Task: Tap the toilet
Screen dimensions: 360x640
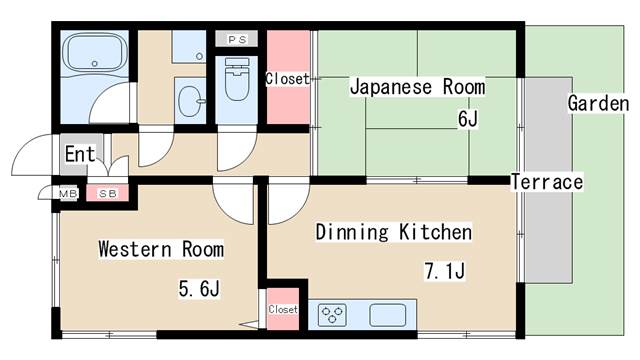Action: pyautogui.click(x=237, y=84)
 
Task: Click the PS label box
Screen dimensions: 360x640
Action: pyautogui.click(x=237, y=39)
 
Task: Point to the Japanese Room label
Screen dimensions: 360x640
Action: pyautogui.click(x=416, y=87)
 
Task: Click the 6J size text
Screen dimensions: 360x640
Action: pyautogui.click(x=468, y=121)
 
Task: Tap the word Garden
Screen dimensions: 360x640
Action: pyautogui.click(x=598, y=103)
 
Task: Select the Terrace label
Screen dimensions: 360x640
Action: pyautogui.click(x=546, y=182)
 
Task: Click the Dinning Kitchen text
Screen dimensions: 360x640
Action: pyautogui.click(x=393, y=232)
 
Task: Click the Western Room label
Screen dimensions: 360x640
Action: pyautogui.click(x=160, y=248)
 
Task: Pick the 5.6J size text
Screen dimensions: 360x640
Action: pyautogui.click(x=199, y=290)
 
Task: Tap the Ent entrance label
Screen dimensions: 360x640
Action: pyautogui.click(x=80, y=155)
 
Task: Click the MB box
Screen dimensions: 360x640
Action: pyautogui.click(x=68, y=192)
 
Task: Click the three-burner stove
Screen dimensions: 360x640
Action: pyautogui.click(x=332, y=315)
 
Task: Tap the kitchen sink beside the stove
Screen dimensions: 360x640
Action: pyautogui.click(x=390, y=315)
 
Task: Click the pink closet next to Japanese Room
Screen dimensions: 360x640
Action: pyautogui.click(x=287, y=80)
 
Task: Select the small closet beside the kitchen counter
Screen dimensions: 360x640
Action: pyautogui.click(x=283, y=310)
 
